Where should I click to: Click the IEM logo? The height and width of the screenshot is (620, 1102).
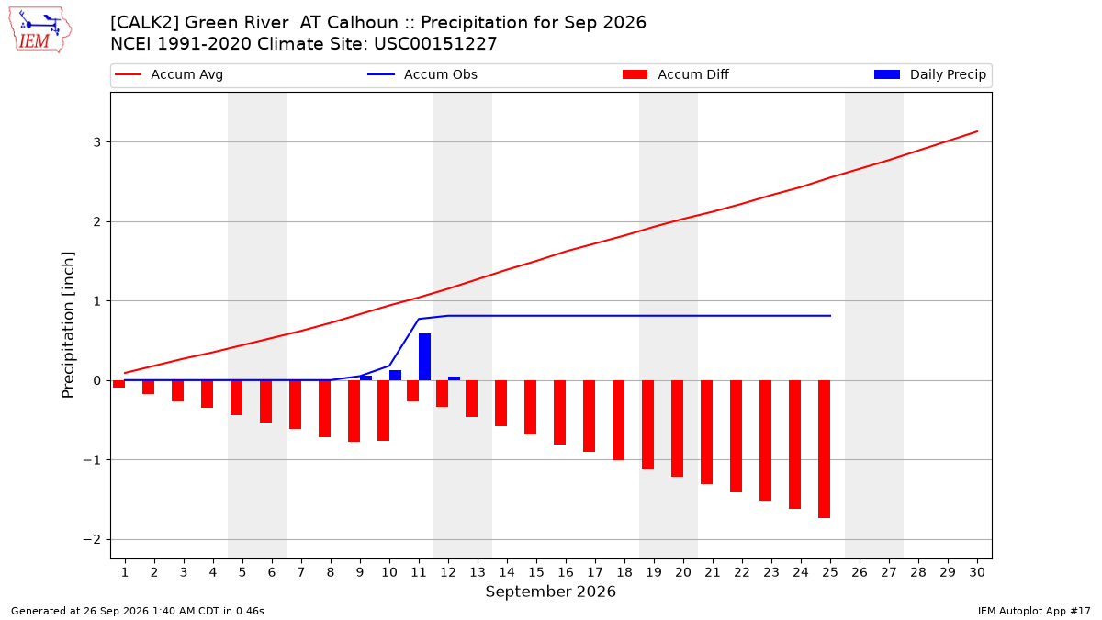[x=40, y=30]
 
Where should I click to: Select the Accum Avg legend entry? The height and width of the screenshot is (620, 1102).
[x=169, y=74]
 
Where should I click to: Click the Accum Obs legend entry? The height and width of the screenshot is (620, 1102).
[x=422, y=74]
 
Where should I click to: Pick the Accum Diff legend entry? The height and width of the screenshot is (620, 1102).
[x=676, y=74]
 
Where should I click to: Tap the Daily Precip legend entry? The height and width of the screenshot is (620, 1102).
[x=929, y=74]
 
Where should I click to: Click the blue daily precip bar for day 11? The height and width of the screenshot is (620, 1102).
[x=424, y=357]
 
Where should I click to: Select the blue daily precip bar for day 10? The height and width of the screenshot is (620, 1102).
[x=395, y=376]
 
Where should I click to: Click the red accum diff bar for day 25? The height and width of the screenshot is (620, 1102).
[x=824, y=449]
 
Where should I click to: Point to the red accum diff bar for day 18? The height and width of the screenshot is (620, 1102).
[x=618, y=421]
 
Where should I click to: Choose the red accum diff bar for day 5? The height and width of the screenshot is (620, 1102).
[x=236, y=398]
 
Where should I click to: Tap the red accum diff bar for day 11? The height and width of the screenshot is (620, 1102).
[x=412, y=390]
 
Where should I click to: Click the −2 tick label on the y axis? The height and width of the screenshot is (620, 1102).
[x=92, y=540]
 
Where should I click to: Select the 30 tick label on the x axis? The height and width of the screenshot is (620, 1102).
[x=977, y=572]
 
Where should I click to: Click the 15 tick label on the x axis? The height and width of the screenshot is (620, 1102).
[x=536, y=572]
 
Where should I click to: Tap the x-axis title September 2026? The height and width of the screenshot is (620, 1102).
[x=550, y=592]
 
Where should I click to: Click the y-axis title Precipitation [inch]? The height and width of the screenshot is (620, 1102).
[x=68, y=325]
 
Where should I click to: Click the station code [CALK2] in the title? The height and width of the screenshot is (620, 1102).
[x=145, y=23]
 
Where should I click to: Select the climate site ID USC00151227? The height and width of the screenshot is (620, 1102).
[x=435, y=44]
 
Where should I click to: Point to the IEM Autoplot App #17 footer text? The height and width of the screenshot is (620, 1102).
[x=1034, y=611]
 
